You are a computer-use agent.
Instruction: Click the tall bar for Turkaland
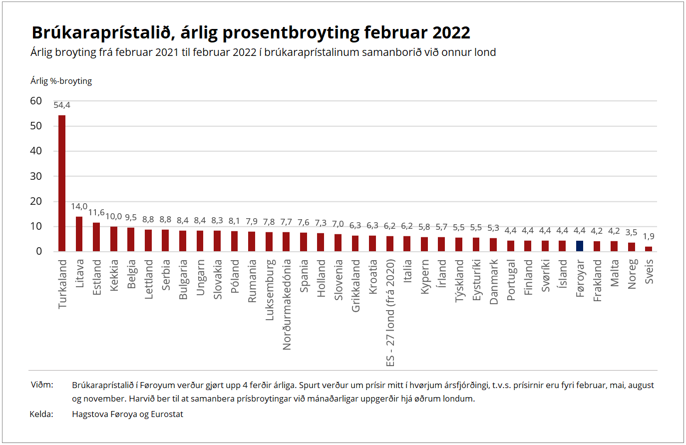(62, 183)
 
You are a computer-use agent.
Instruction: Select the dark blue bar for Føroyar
(580, 246)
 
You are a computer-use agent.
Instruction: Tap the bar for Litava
(79, 234)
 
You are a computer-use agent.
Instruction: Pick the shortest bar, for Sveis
(649, 249)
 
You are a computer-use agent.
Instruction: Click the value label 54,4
(62, 105)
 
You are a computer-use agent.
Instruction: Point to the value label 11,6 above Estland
(96, 213)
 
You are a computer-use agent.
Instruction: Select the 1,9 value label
(649, 236)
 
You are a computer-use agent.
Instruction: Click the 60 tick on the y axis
(36, 101)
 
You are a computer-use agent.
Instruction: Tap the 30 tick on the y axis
(36, 176)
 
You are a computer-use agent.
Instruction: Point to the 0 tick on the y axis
(39, 251)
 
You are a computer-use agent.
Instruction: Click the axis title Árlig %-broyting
(61, 81)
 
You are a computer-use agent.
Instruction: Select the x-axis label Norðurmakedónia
(287, 304)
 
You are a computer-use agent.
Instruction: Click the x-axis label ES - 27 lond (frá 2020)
(390, 313)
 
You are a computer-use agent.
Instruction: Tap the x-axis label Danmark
(494, 282)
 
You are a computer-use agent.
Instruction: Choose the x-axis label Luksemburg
(270, 290)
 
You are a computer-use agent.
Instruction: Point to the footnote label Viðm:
(42, 385)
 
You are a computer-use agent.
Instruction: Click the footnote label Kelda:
(41, 414)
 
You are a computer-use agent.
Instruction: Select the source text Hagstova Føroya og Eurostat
(127, 414)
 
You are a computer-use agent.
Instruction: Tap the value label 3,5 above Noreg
(631, 232)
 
